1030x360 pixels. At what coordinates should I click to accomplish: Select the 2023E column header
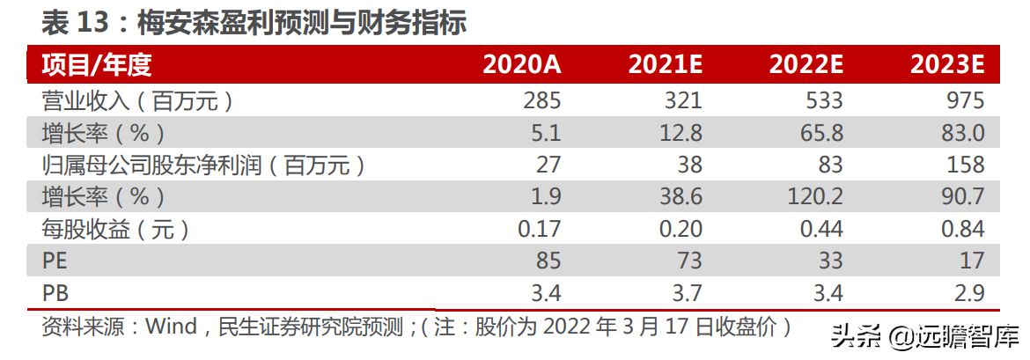pyautogui.click(x=947, y=65)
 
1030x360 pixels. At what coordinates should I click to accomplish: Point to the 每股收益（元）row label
pyautogui.click(x=115, y=229)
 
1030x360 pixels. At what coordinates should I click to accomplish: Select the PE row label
pyautogui.click(x=54, y=261)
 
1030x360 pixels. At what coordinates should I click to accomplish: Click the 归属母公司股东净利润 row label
pyautogui.click(x=203, y=165)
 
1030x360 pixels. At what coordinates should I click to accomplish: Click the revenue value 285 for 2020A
pyautogui.click(x=541, y=100)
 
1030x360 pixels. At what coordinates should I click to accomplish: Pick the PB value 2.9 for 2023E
pyautogui.click(x=966, y=292)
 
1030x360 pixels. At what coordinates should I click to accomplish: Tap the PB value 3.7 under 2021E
pyautogui.click(x=683, y=292)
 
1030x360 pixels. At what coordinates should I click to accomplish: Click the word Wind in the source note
pyautogui.click(x=171, y=327)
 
